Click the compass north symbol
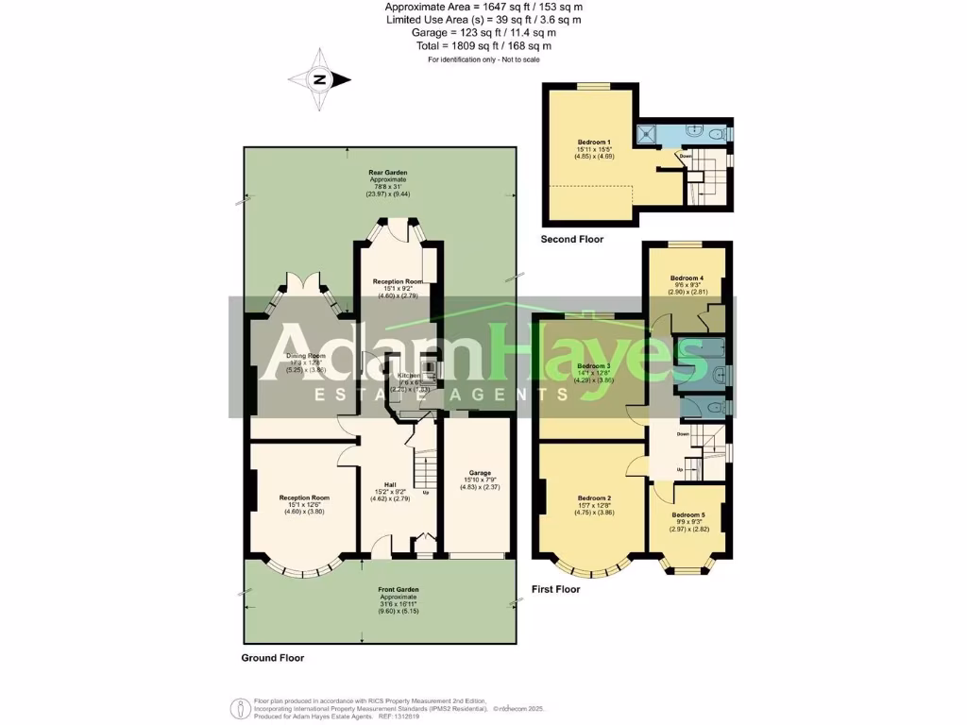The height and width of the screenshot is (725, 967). [x=319, y=80]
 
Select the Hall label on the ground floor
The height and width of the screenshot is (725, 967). [x=390, y=483]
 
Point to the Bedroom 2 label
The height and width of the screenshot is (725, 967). [x=595, y=497]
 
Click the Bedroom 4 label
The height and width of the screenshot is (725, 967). [x=687, y=278]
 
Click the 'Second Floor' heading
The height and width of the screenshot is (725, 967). [x=571, y=240]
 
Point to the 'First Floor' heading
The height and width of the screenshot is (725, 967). [x=557, y=589]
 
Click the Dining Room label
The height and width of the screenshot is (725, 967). [x=305, y=356]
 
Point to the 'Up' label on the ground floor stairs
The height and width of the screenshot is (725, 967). [x=426, y=492]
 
